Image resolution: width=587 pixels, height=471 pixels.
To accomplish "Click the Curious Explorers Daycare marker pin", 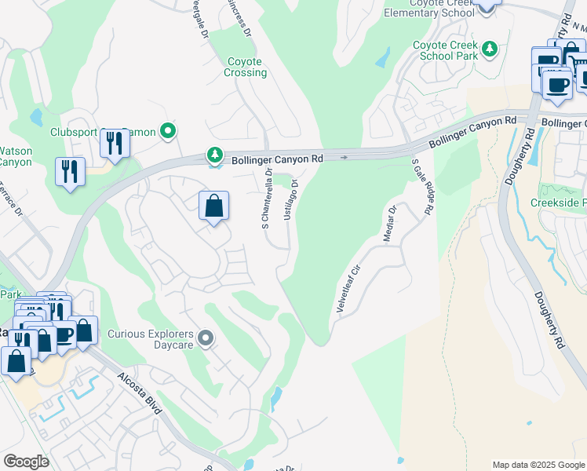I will [x=206, y=338].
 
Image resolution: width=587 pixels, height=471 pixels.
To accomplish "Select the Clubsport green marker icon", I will [x=166, y=132].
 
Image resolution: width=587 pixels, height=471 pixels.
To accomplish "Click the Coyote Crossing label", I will [x=247, y=68].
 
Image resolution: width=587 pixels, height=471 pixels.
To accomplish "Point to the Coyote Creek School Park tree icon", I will [x=490, y=49].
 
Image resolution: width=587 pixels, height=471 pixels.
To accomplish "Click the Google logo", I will [x=26, y=462].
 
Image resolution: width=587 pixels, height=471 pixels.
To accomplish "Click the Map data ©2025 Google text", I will [x=538, y=465].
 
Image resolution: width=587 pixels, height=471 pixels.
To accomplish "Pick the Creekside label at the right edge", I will [x=558, y=203].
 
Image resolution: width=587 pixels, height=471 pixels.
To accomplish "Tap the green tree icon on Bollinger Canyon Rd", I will [x=214, y=154].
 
